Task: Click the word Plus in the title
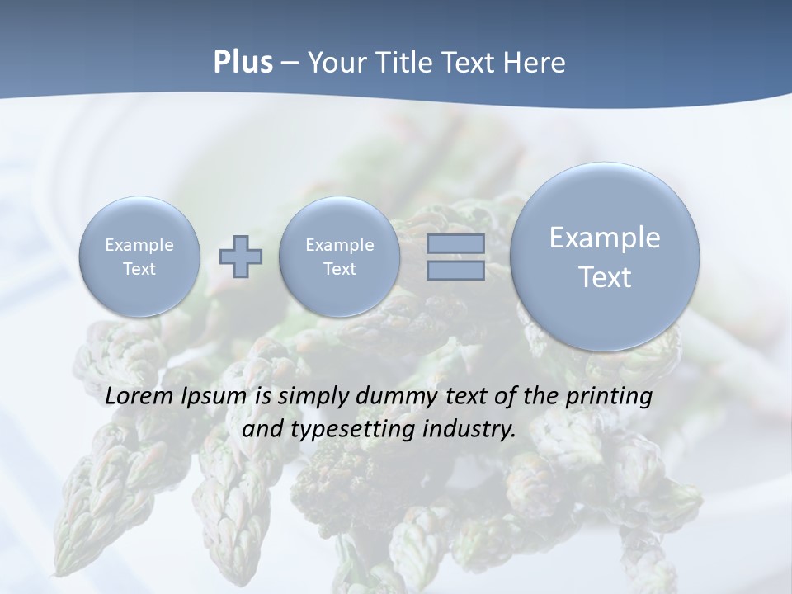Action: click(x=243, y=63)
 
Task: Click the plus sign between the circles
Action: click(x=241, y=256)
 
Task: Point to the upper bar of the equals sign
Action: click(x=455, y=243)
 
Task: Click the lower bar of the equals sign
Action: click(x=455, y=270)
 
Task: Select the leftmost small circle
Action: click(x=139, y=257)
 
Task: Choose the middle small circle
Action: click(x=339, y=257)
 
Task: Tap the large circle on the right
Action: click(x=605, y=257)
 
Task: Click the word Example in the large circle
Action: click(x=605, y=238)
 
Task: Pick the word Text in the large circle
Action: click(x=605, y=277)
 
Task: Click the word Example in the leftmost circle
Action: click(x=139, y=245)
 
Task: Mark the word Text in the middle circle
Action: click(x=339, y=269)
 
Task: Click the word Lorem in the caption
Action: click(x=136, y=396)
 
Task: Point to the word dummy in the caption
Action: click(x=396, y=397)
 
